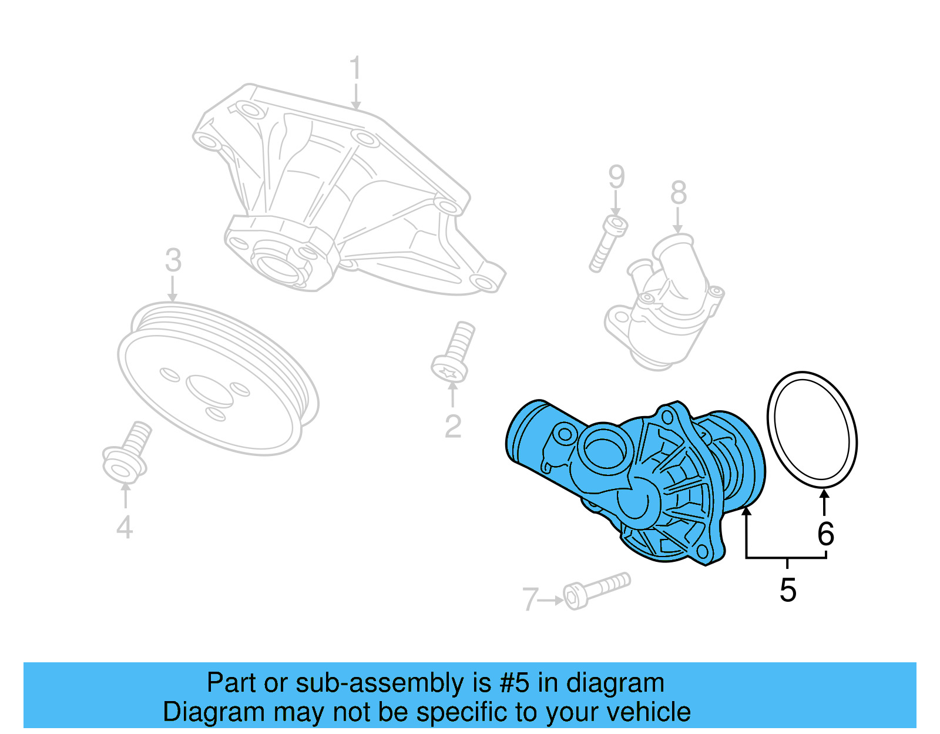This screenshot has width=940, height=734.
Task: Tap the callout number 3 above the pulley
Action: tap(173, 260)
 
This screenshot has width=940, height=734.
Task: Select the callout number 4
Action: tap(125, 527)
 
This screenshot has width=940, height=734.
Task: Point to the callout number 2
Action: tap(452, 427)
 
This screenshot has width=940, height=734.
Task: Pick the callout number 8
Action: tap(678, 192)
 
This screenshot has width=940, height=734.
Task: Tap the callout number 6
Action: tap(825, 534)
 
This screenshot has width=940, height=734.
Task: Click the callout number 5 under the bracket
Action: tap(787, 590)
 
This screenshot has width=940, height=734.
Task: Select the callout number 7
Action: tap(530, 599)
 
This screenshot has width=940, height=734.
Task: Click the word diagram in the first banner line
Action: tap(615, 683)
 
